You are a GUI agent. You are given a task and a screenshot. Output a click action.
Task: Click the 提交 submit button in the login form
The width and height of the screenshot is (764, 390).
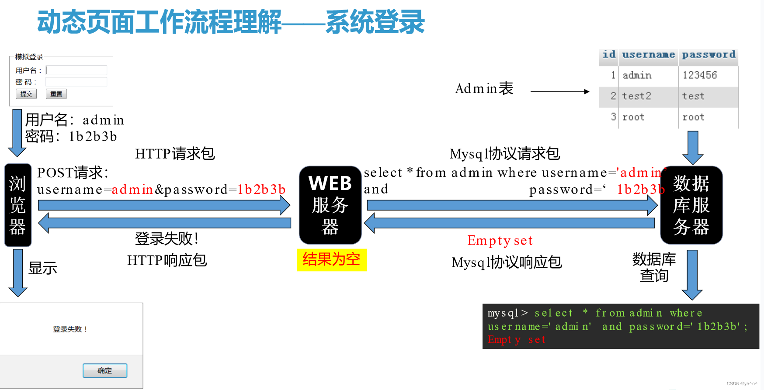(26, 94)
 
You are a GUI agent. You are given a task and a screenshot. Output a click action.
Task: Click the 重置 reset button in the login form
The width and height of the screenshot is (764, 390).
(56, 94)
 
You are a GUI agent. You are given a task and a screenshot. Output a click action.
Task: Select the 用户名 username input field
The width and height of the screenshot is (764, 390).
(76, 70)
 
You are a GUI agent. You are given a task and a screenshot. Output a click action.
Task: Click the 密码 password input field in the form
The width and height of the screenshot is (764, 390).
(76, 82)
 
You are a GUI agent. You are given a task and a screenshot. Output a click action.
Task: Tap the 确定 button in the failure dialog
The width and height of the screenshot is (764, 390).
(105, 370)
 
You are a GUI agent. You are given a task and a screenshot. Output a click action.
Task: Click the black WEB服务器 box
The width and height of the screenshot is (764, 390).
(330, 205)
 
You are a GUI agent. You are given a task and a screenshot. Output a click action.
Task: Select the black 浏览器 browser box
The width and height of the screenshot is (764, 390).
(17, 205)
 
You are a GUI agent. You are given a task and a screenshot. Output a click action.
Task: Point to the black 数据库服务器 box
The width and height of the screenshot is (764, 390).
(691, 205)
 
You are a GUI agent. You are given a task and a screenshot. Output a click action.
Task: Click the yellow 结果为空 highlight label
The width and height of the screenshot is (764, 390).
(332, 260)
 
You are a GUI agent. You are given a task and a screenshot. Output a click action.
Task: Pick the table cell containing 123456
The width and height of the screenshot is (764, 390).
(708, 75)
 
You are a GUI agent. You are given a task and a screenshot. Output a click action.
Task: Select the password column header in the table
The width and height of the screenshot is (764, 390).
(708, 55)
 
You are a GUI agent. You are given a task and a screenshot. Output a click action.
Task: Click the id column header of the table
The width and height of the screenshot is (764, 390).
(609, 55)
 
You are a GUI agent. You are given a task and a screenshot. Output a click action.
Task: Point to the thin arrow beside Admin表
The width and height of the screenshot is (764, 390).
(560, 92)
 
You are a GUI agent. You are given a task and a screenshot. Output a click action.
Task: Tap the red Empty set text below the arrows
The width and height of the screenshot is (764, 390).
(500, 241)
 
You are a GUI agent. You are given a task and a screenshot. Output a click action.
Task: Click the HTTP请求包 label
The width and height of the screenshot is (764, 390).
(175, 154)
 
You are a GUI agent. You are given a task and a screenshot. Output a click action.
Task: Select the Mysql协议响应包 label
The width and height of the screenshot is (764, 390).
(507, 262)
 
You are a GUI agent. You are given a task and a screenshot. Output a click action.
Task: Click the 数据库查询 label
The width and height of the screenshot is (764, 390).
(654, 267)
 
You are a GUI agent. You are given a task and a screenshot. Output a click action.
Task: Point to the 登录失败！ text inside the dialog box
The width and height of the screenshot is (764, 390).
(70, 329)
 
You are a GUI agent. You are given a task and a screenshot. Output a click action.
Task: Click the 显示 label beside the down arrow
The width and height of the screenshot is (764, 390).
(43, 268)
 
